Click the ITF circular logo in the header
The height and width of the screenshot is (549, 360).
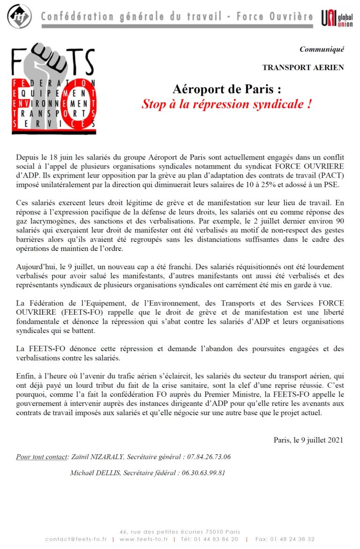click(20, 17)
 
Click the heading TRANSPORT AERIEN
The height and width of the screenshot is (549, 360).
click(303, 67)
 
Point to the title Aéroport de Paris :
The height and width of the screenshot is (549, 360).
click(227, 89)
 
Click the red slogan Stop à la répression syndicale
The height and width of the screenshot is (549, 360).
click(227, 104)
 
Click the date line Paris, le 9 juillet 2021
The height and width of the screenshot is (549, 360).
click(308, 440)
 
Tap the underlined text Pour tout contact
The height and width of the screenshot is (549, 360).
click(42, 457)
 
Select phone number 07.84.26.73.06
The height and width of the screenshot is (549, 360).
click(209, 457)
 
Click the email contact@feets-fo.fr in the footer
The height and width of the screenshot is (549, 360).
click(76, 539)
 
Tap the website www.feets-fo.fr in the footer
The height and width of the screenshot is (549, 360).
click(143, 539)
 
